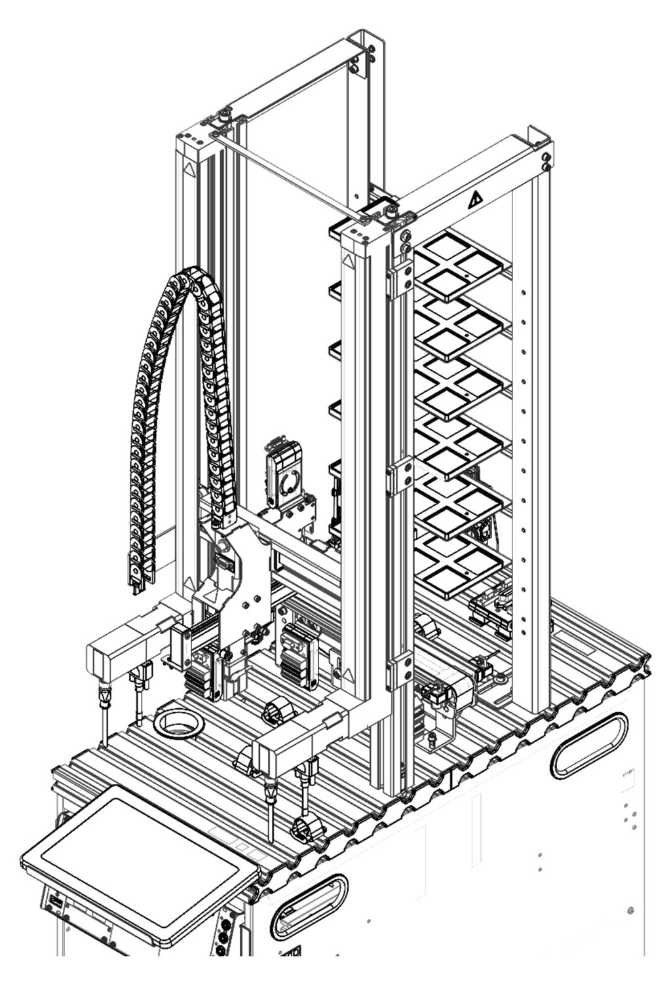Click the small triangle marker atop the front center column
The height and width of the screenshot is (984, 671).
(x=349, y=263)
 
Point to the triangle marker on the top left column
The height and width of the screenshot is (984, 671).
(x=189, y=168)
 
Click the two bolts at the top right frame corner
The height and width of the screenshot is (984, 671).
(x=545, y=161)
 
